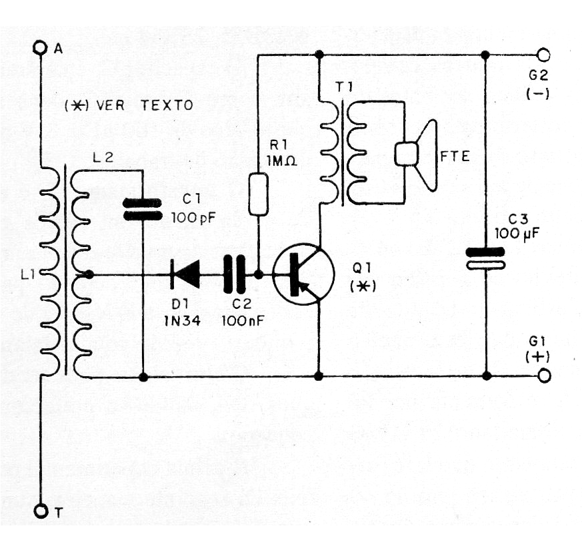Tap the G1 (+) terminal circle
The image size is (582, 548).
[x=544, y=377]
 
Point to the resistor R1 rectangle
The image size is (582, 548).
[x=258, y=194]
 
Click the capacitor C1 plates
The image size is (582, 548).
[x=143, y=208]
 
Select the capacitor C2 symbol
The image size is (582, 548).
[x=233, y=274]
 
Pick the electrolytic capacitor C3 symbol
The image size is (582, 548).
[x=485, y=258]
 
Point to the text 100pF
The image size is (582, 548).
[x=192, y=216]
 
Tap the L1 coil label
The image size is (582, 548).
[x=28, y=274]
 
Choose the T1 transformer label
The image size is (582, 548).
[x=329, y=87]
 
